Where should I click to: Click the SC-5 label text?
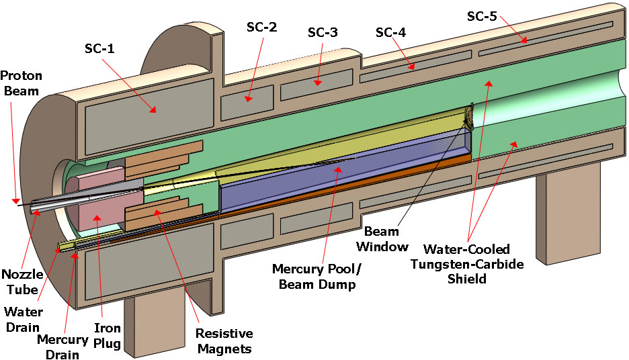click(483, 15)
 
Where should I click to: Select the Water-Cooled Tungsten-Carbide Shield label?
click(466, 264)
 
